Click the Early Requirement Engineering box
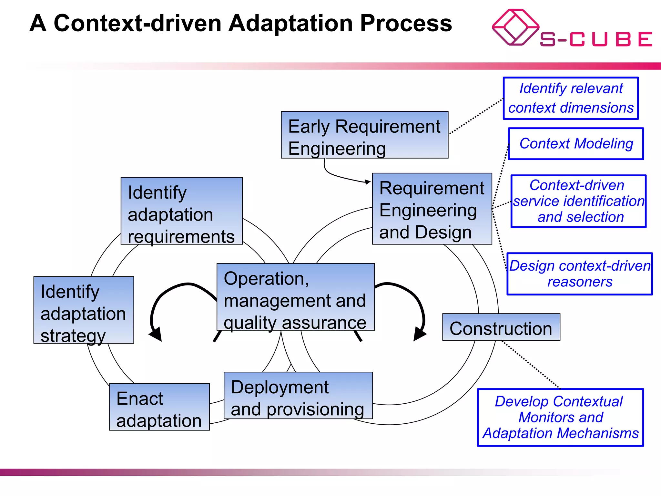(364, 135)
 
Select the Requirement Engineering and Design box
(432, 209)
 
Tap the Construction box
(501, 327)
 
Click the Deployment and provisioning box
(298, 396)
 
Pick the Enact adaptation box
(159, 407)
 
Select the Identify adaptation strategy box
(84, 310)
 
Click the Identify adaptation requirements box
(181, 211)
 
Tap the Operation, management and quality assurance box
(295, 297)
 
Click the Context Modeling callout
(576, 144)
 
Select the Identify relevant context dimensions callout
(571, 98)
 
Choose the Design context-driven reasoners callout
(580, 274)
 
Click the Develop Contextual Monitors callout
(560, 418)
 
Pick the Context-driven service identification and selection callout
(578, 201)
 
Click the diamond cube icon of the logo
(515, 27)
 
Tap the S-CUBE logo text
(596, 39)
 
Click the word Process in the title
(406, 24)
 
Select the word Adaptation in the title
(290, 24)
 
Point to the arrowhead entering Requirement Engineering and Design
(368, 182)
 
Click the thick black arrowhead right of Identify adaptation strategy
(156, 334)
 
